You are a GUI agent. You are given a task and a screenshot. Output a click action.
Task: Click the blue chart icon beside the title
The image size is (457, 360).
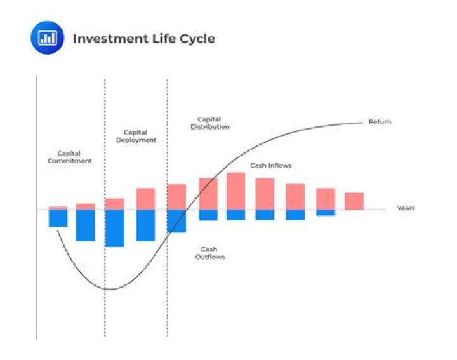48,38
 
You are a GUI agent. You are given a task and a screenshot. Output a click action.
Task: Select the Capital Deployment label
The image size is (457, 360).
136,136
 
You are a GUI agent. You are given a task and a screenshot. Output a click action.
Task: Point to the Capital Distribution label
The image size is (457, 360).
210,123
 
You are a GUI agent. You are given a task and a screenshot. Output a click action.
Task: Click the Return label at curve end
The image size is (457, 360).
380,121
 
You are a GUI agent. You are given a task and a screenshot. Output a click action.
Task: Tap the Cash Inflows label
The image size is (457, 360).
270,166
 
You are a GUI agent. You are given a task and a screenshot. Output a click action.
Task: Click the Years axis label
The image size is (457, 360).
406,208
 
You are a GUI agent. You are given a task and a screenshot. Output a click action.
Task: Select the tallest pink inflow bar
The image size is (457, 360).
235,190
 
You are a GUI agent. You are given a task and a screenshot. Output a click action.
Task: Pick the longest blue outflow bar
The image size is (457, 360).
114,228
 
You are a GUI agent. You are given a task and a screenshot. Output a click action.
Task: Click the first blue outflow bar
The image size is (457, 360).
58,218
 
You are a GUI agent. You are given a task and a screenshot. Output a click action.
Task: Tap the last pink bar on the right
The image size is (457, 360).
354,201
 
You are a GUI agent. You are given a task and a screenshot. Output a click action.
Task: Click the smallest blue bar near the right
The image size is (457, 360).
326,213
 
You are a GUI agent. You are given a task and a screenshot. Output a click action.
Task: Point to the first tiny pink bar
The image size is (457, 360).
58,208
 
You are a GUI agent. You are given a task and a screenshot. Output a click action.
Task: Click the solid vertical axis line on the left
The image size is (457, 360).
36,267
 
